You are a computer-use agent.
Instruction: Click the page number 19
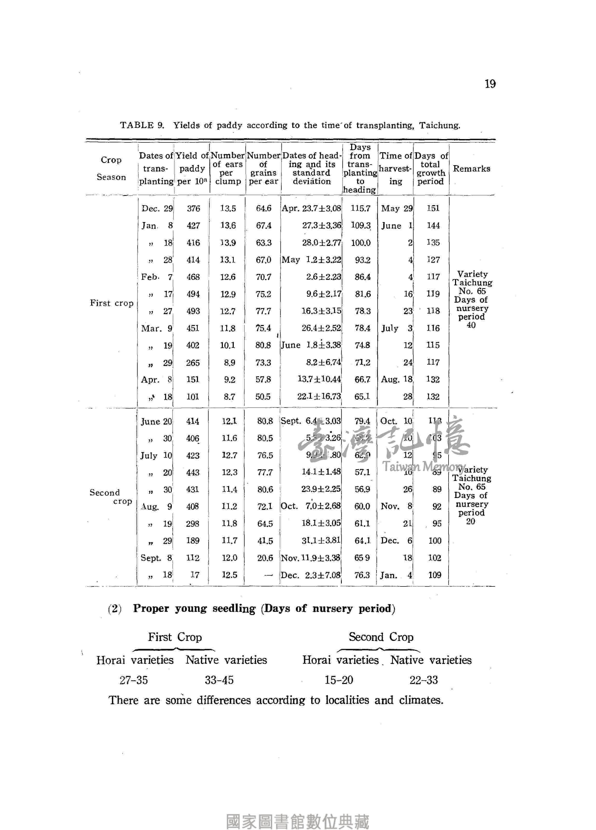pyautogui.click(x=490, y=84)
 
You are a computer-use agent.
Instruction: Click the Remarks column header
pyautogui.click(x=471, y=169)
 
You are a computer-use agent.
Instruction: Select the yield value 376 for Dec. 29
pyautogui.click(x=193, y=209)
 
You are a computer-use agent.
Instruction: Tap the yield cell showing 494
pyautogui.click(x=193, y=294)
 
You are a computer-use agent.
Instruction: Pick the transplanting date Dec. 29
pyautogui.click(x=157, y=209)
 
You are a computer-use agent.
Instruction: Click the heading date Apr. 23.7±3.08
pyautogui.click(x=311, y=209)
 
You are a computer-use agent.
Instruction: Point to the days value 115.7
pyautogui.click(x=360, y=209)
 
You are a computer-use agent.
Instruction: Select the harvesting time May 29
pyautogui.click(x=397, y=209)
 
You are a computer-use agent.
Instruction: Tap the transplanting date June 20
pyautogui.click(x=156, y=421)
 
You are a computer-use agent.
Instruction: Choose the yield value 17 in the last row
pyautogui.click(x=195, y=575)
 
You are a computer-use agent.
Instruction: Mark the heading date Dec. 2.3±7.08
pyautogui.click(x=311, y=575)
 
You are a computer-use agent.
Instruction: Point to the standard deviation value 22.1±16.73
pyautogui.click(x=319, y=397)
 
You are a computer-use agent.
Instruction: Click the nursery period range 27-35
pyautogui.click(x=133, y=680)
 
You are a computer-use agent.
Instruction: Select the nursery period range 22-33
pyautogui.click(x=423, y=680)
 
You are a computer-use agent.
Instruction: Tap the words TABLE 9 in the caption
pyautogui.click(x=141, y=126)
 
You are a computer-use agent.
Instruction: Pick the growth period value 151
pyautogui.click(x=433, y=208)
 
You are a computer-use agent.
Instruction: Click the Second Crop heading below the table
pyautogui.click(x=381, y=637)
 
